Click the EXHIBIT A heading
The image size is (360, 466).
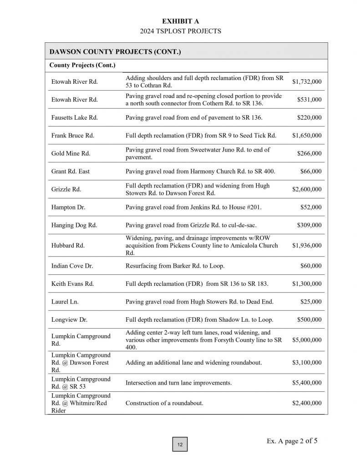point(180,21)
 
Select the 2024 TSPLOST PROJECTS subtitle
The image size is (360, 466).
point(180,31)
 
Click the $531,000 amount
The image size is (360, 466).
point(309,100)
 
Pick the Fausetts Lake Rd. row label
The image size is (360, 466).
point(74,118)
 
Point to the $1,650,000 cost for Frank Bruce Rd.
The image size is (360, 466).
point(306,136)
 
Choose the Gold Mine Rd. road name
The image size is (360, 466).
point(71,153)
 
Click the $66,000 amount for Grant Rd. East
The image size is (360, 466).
point(310,172)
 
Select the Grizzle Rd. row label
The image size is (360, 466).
point(66,189)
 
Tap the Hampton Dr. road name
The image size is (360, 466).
point(68,208)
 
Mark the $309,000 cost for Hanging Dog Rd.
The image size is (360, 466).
point(309,225)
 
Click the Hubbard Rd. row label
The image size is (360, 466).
point(68,246)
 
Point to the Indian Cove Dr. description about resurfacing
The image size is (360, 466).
point(175,266)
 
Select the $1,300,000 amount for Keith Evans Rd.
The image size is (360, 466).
point(306,284)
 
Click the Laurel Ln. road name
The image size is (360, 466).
point(65,302)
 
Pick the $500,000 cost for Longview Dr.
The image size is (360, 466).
point(309,320)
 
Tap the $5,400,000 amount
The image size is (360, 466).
point(306,383)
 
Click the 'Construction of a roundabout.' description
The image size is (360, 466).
point(164,403)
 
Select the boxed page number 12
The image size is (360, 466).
point(180,445)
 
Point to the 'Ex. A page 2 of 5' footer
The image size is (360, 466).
point(292,441)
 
